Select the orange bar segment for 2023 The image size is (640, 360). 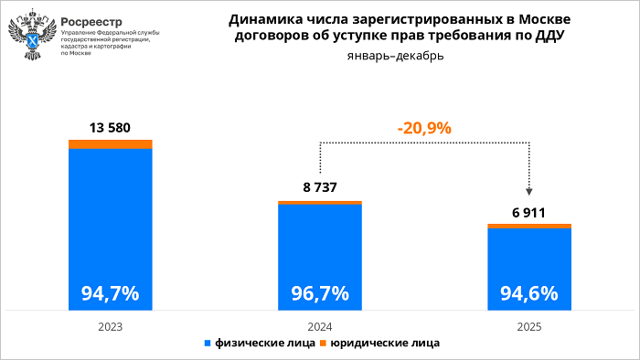pos(111,143)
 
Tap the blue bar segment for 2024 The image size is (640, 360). pos(320,247)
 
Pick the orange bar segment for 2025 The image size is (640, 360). pos(529,226)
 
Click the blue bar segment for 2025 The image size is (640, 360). pos(529,260)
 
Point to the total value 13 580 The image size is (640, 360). pos(111,127)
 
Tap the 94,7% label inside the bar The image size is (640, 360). pos(111,293)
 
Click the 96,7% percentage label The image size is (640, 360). pos(320,293)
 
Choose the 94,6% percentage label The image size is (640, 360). pos(529,293)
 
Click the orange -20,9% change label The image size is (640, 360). pos(424,128)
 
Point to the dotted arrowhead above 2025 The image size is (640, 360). pos(529,191)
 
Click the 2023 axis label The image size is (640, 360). pos(111,325)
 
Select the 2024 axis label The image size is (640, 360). pos(320,325)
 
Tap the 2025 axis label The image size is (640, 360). pos(529,325)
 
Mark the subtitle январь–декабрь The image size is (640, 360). pos(397,57)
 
